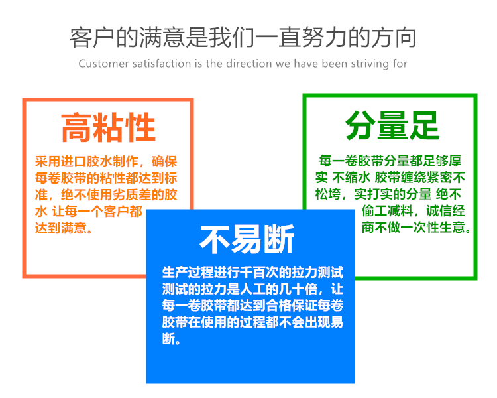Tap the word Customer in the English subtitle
click(101, 64)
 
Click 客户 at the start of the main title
click(87, 37)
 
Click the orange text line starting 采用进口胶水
click(106, 162)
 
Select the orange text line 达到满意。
click(64, 229)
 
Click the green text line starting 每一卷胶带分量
click(390, 161)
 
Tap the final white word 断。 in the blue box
click(171, 340)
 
